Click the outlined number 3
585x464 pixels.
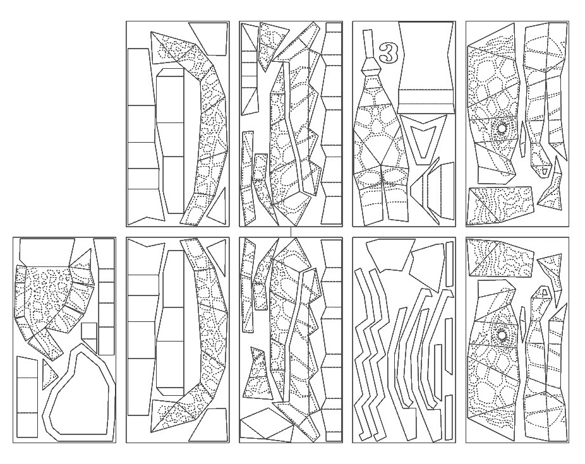click(x=387, y=53)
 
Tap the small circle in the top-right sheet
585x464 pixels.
click(x=502, y=129)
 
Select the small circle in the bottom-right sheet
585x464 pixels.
click(x=503, y=335)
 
